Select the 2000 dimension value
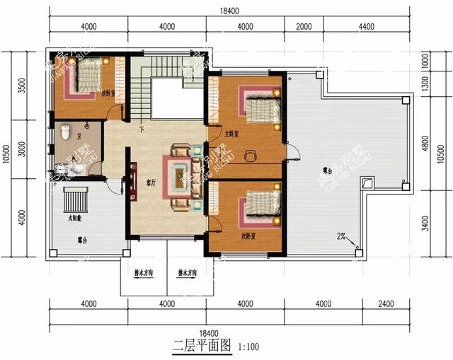[304, 27]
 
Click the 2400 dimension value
[384, 306]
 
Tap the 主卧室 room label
[231, 133]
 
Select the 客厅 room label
[151, 182]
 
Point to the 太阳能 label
[74, 218]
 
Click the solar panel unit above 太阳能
[73, 199]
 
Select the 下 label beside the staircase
[142, 129]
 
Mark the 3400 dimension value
[426, 225]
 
